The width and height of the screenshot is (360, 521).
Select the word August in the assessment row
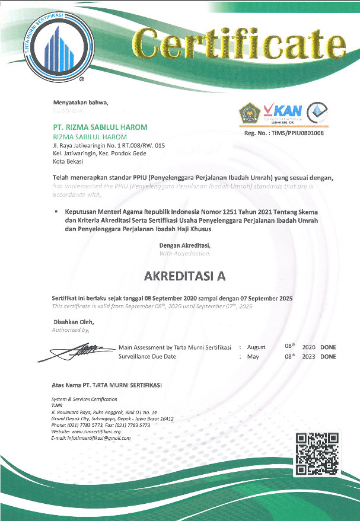pos(256,347)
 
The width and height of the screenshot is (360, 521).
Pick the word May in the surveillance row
pos(253,357)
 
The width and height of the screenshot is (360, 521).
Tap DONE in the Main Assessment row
pos(328,347)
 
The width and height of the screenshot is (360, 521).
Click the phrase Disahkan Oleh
pos(74,322)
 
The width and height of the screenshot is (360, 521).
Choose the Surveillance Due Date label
pos(148,357)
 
